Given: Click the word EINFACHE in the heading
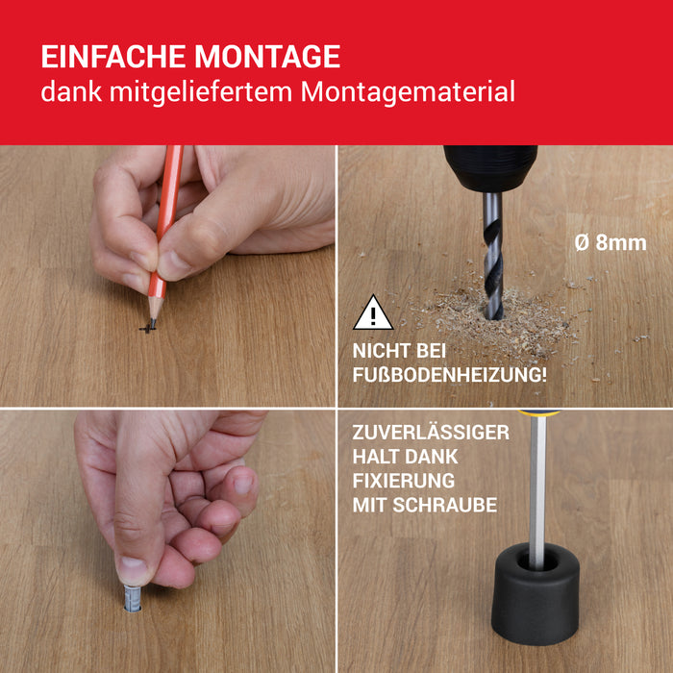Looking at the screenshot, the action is coord(113,56).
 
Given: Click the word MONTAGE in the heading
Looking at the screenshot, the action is coord(267,56).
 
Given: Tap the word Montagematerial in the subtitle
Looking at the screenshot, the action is coord(408,92).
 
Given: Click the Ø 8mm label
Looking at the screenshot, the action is coord(611,243).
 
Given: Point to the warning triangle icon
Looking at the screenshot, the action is coord(373,312).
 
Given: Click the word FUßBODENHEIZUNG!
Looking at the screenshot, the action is coord(449,375).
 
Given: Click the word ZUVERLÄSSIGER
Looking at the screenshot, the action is coord(431,432).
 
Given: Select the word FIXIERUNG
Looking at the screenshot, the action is coord(404,481).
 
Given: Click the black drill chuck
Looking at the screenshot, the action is coord(490,168).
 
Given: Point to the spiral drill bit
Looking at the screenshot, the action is coord(492,256).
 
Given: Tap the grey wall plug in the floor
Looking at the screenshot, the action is coord(133,597).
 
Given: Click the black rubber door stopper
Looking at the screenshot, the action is coord(535,593).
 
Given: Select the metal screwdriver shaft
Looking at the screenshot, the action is coord(537,492).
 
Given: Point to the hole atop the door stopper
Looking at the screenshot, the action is coord(537,561).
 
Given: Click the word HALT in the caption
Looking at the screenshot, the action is coord(374,457).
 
